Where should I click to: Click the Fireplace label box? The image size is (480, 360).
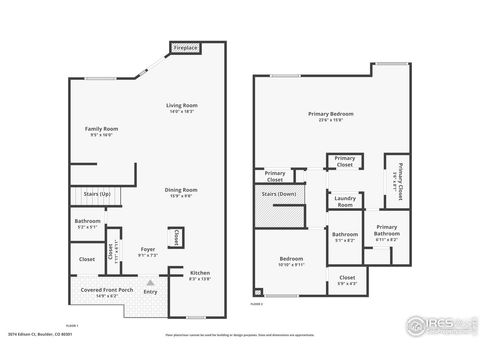(185, 47)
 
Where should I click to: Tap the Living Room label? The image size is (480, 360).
(182, 108)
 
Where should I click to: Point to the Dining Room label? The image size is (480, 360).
(181, 192)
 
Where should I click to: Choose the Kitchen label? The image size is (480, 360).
(200, 274)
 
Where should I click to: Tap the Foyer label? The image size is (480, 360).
(147, 250)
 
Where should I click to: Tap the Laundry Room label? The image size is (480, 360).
(343, 203)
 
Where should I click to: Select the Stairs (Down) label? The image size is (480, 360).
(278, 194)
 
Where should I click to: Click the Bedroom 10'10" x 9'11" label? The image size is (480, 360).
(289, 261)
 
